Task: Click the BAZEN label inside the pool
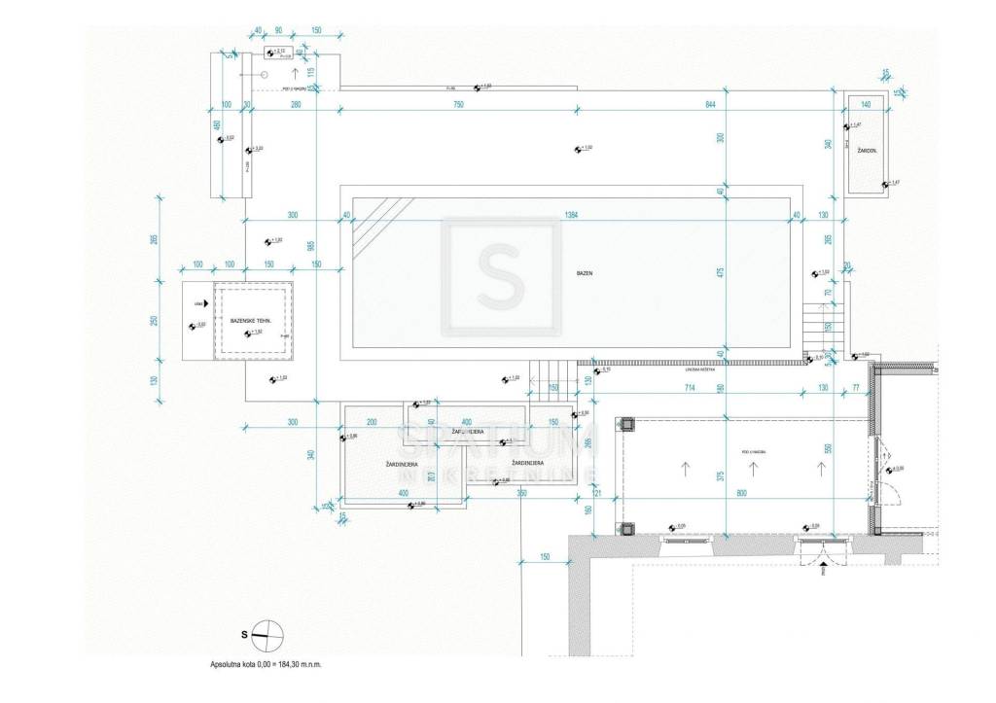pos(584,274)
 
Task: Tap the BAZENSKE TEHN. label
pos(250,320)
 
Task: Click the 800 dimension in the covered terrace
pos(742,495)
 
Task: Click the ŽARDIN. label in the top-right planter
pos(867,152)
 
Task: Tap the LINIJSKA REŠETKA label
pos(699,369)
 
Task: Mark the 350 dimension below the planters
pos(521,494)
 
